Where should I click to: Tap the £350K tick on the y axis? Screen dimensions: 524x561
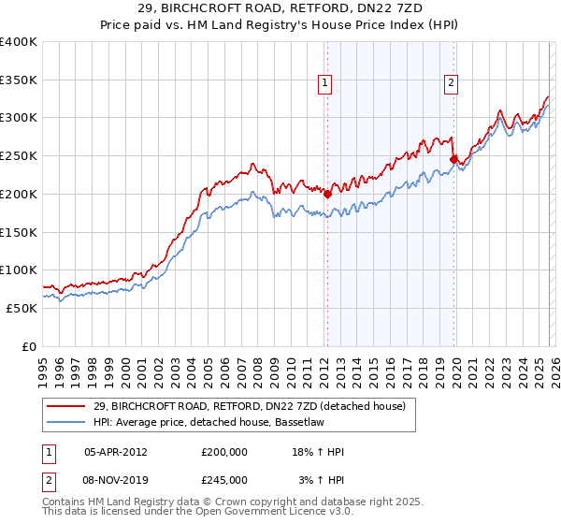point(19,80)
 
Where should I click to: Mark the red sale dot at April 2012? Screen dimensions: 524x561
point(327,194)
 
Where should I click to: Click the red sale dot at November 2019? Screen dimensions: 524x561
point(453,160)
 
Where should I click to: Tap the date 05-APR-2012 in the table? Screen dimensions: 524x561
point(115,452)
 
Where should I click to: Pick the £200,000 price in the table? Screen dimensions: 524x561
point(224,452)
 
